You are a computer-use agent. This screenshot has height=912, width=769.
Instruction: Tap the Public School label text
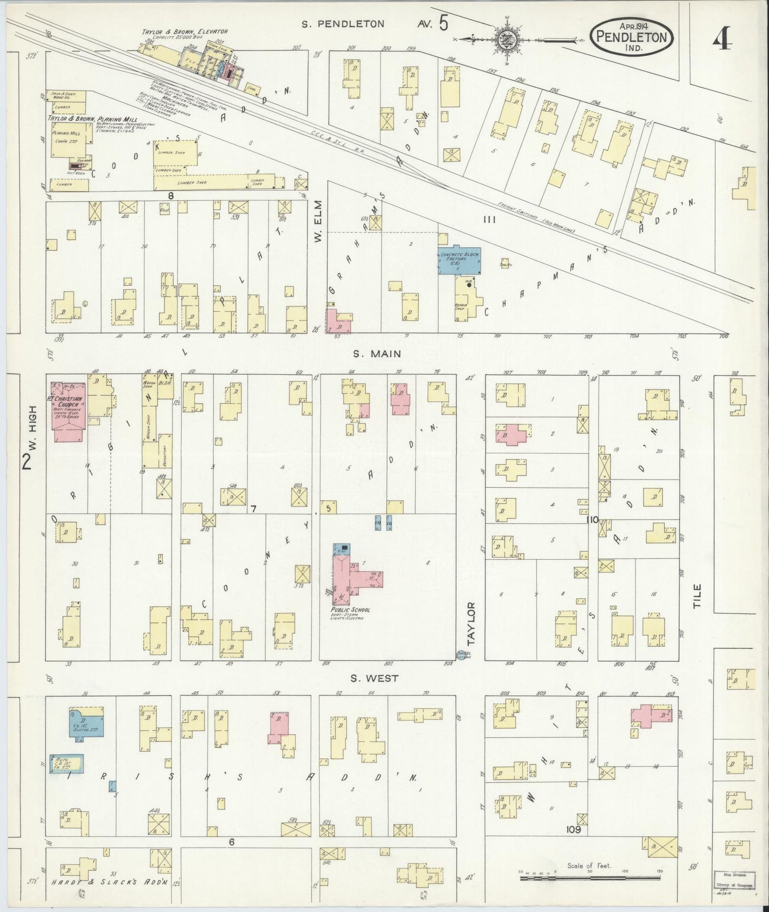pyautogui.click(x=350, y=610)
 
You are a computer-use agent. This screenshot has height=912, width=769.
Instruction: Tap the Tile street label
pyautogui.click(x=697, y=595)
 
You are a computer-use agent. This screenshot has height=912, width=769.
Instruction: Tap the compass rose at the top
pyautogui.click(x=505, y=39)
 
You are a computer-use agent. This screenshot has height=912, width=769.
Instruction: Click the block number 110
pyautogui.click(x=592, y=520)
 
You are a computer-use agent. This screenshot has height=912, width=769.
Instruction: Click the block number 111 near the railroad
pyautogui.click(x=489, y=219)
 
